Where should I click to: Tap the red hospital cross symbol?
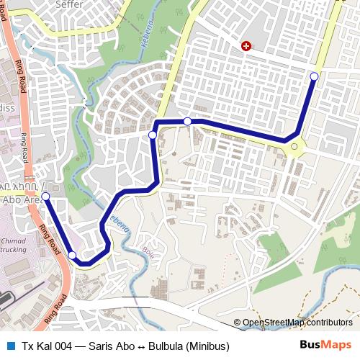tap(246, 46)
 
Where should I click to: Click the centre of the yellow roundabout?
tap(294, 148)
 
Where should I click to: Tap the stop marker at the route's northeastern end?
tap(314, 76)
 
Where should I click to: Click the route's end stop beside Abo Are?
tap(45, 196)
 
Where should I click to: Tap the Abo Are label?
tap(20, 200)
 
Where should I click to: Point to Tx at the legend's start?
tap(27, 346)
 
